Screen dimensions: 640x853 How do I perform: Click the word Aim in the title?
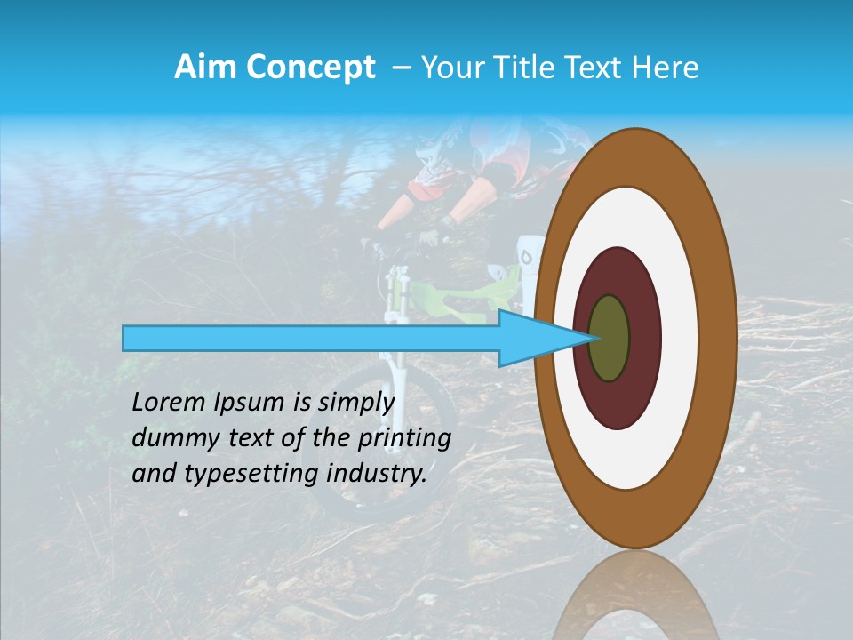(205, 68)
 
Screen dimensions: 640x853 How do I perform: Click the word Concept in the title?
(310, 68)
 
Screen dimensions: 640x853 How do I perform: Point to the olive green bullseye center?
(610, 339)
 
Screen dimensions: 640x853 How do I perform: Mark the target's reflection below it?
(635, 596)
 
